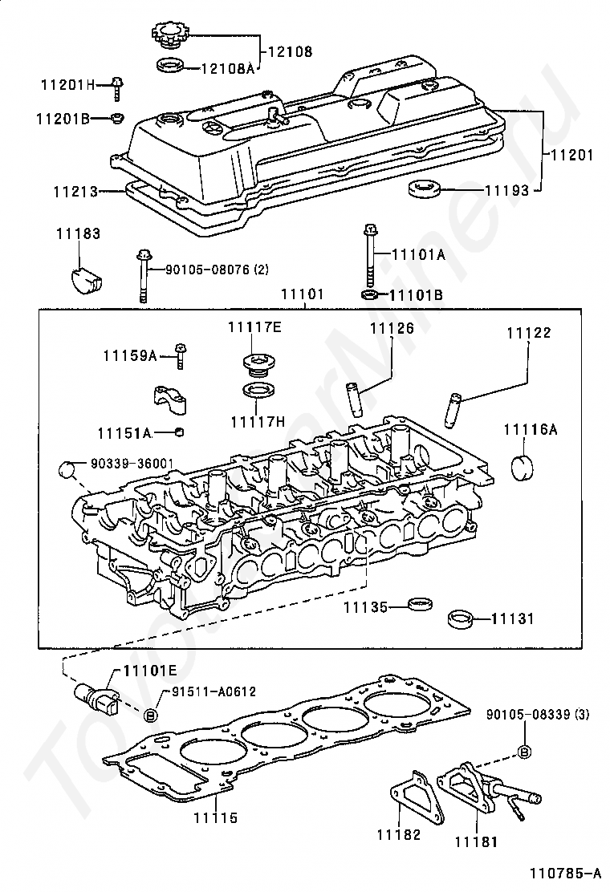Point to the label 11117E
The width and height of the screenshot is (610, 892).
(254, 326)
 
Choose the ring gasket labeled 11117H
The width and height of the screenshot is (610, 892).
(254, 391)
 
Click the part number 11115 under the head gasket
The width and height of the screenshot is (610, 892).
(214, 818)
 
